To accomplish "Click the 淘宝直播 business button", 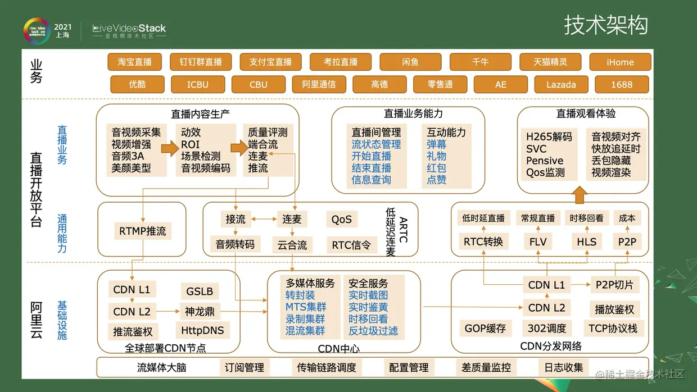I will pyautogui.click(x=134, y=62).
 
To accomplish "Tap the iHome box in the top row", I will pyautogui.click(x=620, y=62).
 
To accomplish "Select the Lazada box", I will pyautogui.click(x=561, y=84).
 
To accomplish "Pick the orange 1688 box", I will pyautogui.click(x=622, y=84).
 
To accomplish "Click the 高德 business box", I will pyautogui.click(x=379, y=84).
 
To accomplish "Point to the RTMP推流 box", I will pyautogui.click(x=143, y=231).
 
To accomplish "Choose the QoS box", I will pyautogui.click(x=341, y=219).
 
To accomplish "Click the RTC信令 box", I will pyautogui.click(x=351, y=245).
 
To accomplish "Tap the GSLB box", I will pyautogui.click(x=200, y=291).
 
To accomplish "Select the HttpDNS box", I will pyautogui.click(x=202, y=330).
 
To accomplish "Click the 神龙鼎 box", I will pyautogui.click(x=200, y=311).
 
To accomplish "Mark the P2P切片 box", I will pyautogui.click(x=614, y=285).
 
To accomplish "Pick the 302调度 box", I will pyautogui.click(x=547, y=329).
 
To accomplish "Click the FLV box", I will pyautogui.click(x=538, y=242).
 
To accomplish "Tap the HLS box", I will pyautogui.click(x=586, y=242).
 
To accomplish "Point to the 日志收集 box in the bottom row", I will pyautogui.click(x=564, y=368).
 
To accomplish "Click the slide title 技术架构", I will pyautogui.click(x=606, y=25).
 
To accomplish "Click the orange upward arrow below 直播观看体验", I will pyautogui.click(x=581, y=194).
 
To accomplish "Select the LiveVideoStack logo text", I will pyautogui.click(x=129, y=28).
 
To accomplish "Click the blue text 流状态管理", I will pyautogui.click(x=376, y=144).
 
